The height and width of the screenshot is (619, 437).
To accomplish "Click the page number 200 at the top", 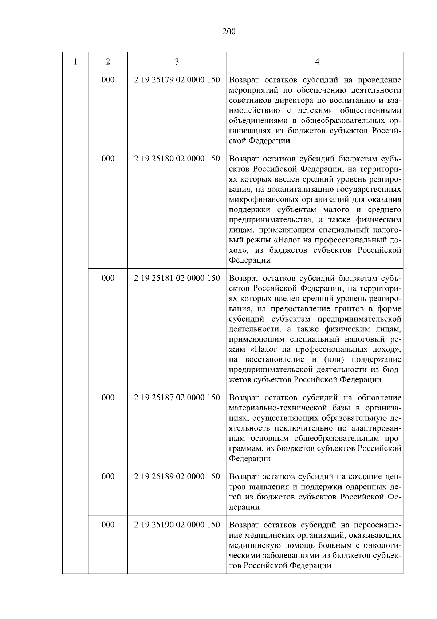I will [x=229, y=32].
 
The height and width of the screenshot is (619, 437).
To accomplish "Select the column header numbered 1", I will [x=75, y=62].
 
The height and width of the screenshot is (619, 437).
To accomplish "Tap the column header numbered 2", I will [x=108, y=62].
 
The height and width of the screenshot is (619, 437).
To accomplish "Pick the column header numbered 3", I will [x=177, y=62].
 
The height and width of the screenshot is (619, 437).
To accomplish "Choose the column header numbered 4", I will [x=317, y=62].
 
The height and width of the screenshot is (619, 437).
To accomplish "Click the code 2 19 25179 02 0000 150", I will [x=177, y=80].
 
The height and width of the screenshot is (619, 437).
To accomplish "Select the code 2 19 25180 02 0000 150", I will [x=177, y=159].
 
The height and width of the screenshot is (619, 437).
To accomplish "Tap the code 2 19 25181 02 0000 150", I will [x=177, y=278].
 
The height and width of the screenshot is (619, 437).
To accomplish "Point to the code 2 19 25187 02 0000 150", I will [x=177, y=398].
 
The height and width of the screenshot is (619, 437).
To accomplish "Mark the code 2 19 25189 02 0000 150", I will [x=177, y=476].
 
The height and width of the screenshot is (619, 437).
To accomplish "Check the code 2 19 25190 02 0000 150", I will [x=177, y=525].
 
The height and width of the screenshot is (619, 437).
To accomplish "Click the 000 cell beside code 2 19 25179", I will [x=108, y=80].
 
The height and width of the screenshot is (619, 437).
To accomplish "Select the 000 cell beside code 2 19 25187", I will [x=108, y=398].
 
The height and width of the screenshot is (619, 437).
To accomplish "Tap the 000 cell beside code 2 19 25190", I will [x=108, y=525].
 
